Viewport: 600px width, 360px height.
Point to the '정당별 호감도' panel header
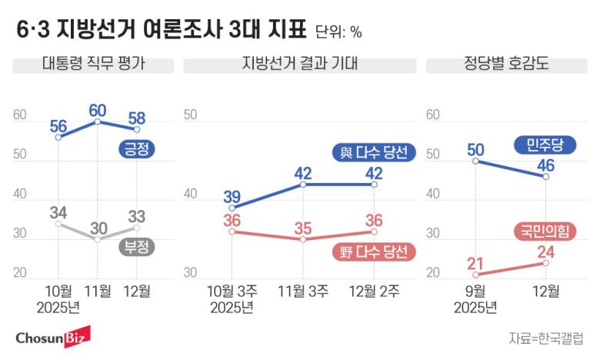coord(507,65)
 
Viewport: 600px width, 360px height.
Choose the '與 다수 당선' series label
coord(374,152)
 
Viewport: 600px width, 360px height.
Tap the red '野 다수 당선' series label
coord(375,252)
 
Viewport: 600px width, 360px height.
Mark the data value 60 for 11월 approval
coord(98,110)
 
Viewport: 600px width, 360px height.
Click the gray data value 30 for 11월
coord(98,228)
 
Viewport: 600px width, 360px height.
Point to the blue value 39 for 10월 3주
coord(232,197)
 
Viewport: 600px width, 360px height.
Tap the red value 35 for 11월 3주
coord(303,228)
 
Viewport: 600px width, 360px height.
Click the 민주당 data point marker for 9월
coord(475,162)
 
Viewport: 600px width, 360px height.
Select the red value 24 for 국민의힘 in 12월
coord(545,251)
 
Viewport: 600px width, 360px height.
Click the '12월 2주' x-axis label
coord(374,292)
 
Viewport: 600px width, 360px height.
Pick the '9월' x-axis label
coord(475,292)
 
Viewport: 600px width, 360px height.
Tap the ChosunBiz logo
coord(52,336)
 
